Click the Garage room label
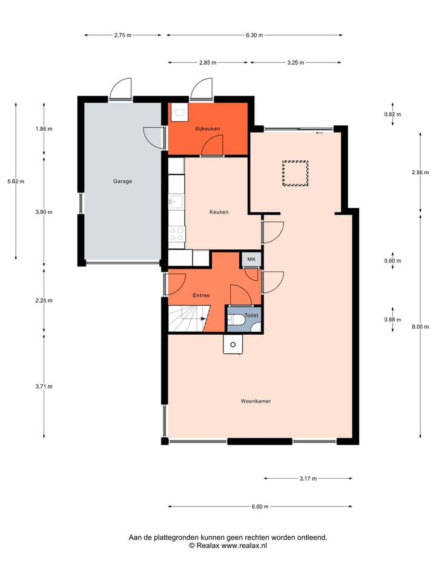(x=122, y=181)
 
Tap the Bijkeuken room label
(x=207, y=129)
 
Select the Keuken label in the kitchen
(x=219, y=212)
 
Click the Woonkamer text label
(x=255, y=401)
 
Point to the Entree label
(x=201, y=295)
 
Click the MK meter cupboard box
(x=251, y=260)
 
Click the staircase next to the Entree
(x=187, y=319)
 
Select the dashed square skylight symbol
(x=295, y=173)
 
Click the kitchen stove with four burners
(x=176, y=234)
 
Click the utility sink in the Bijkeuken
(x=179, y=112)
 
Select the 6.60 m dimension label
(x=259, y=507)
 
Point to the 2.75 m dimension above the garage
(x=123, y=35)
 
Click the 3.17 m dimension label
(x=308, y=479)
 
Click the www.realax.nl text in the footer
(x=244, y=545)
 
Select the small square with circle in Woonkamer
(x=233, y=344)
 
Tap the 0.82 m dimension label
(x=393, y=114)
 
